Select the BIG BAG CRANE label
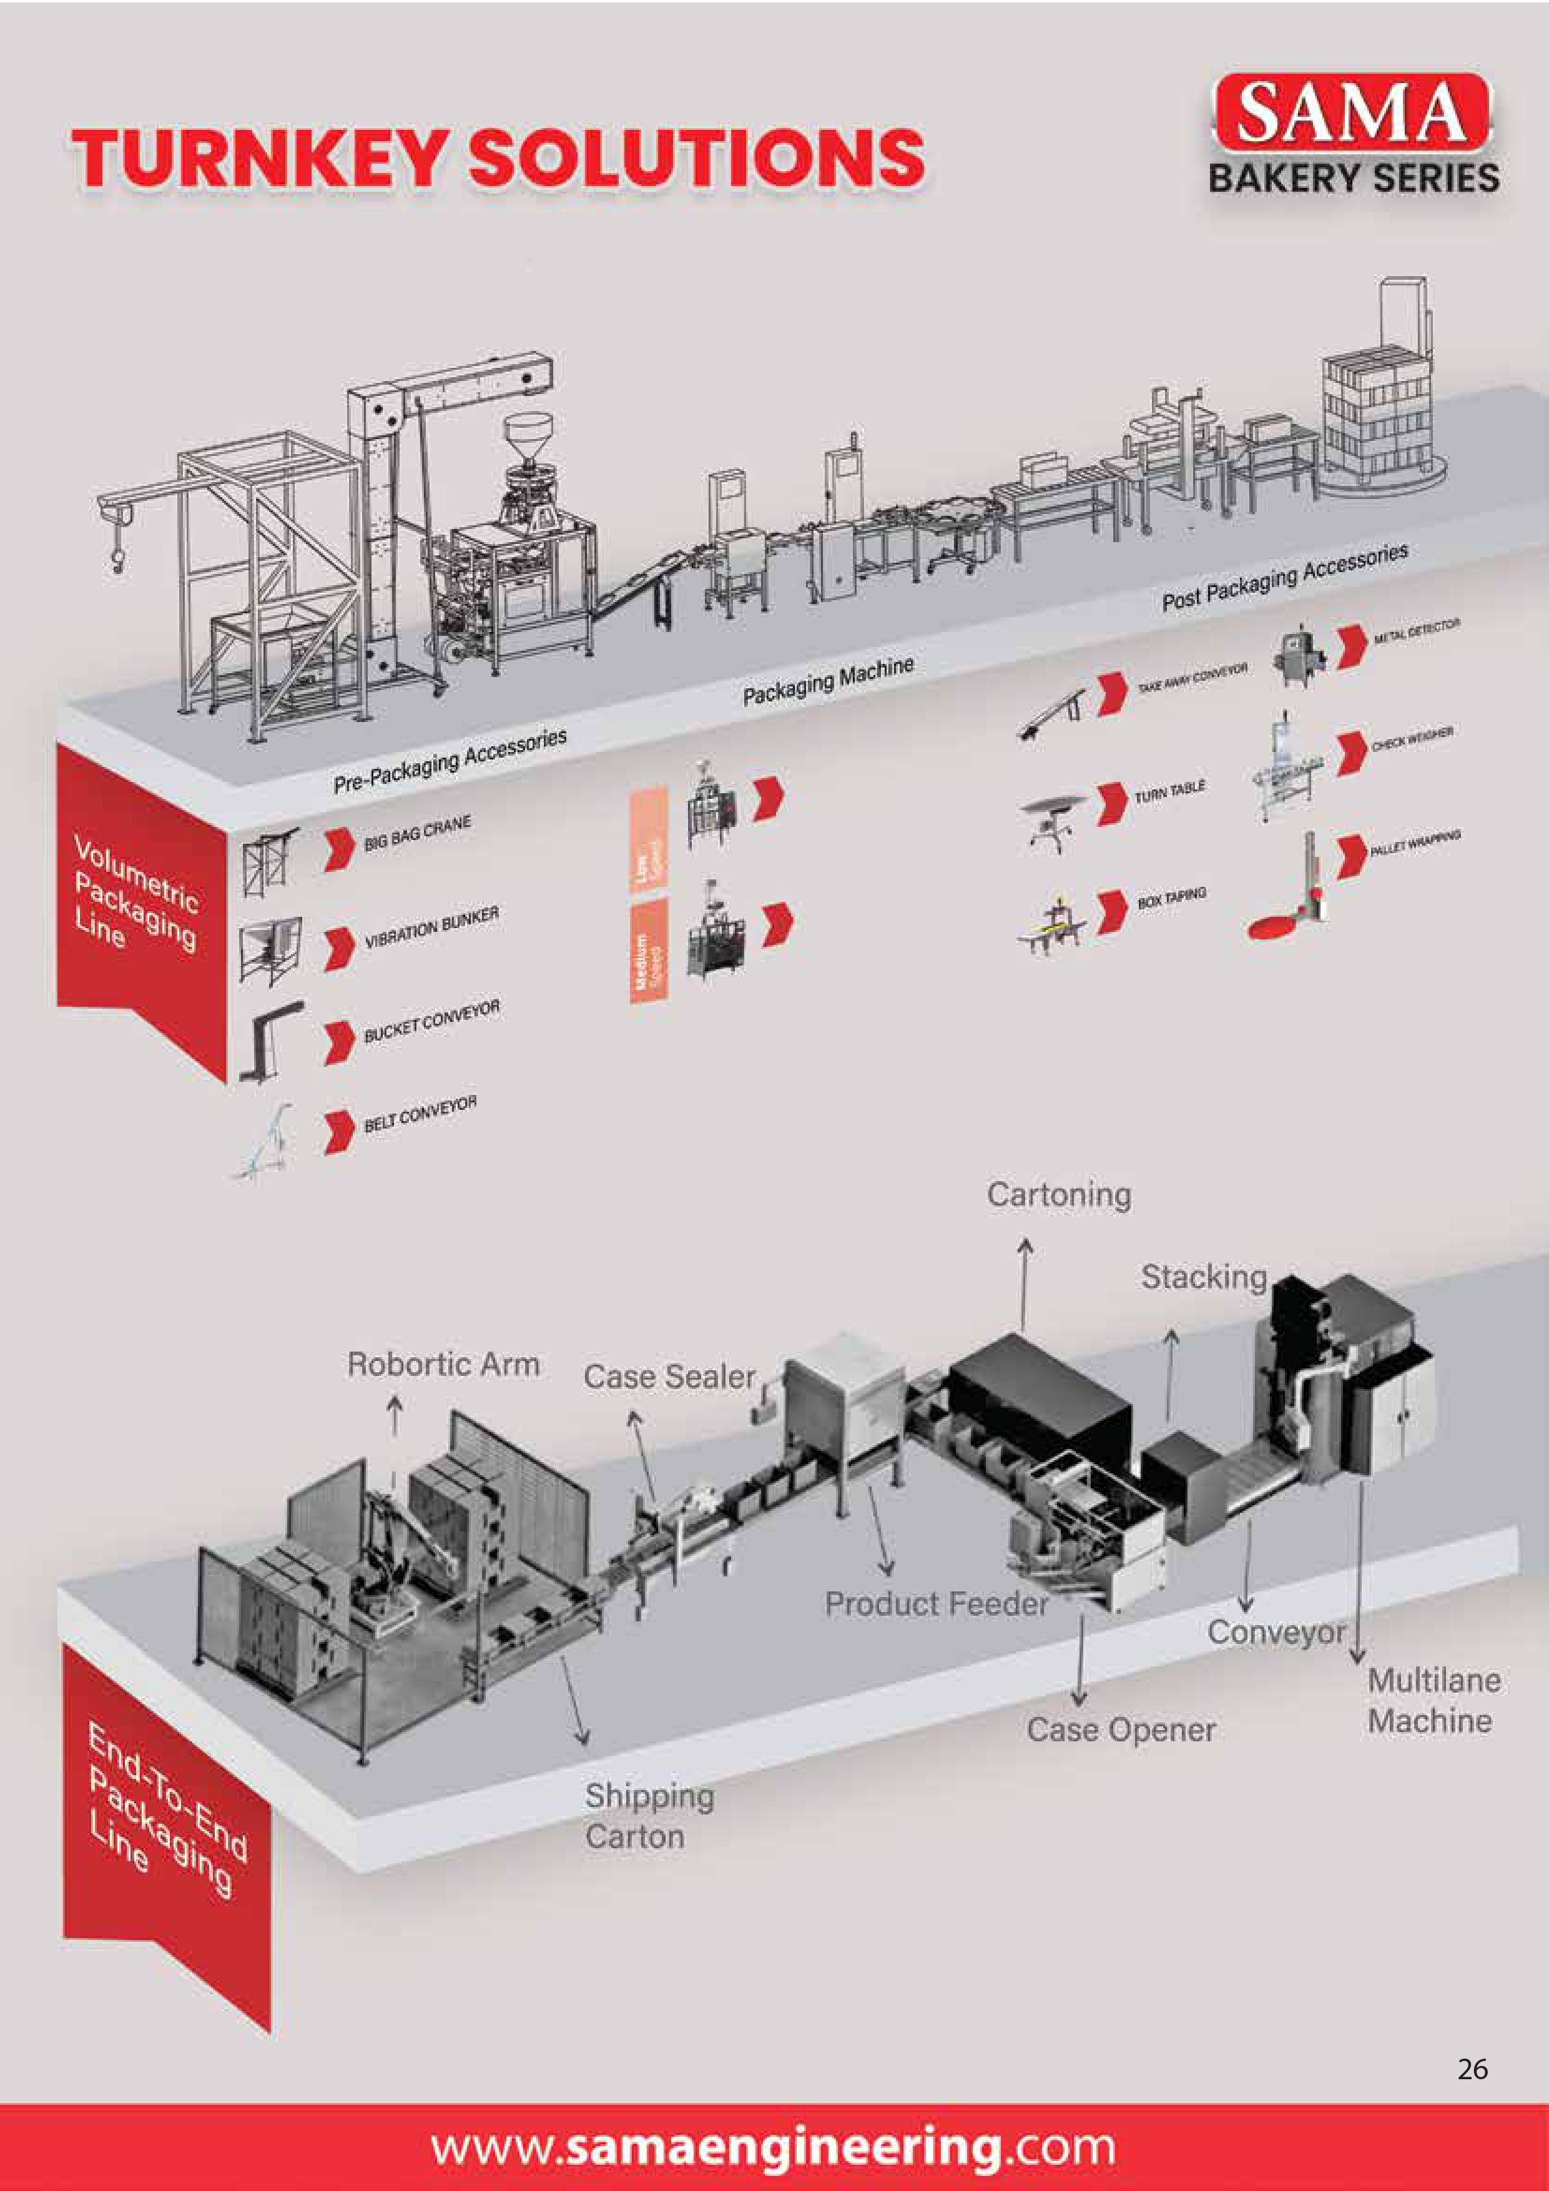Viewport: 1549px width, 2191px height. (417, 834)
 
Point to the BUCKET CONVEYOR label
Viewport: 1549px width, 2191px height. (431, 1021)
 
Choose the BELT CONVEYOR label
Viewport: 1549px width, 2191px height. (420, 1115)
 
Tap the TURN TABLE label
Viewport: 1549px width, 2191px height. (1169, 792)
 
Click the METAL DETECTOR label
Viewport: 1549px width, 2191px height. (1417, 631)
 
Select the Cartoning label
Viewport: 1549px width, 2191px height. (1059, 1195)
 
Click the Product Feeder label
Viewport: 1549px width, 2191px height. (937, 1603)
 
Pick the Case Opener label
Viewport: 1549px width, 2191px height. (1121, 1729)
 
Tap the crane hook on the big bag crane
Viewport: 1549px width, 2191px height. (117, 560)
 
